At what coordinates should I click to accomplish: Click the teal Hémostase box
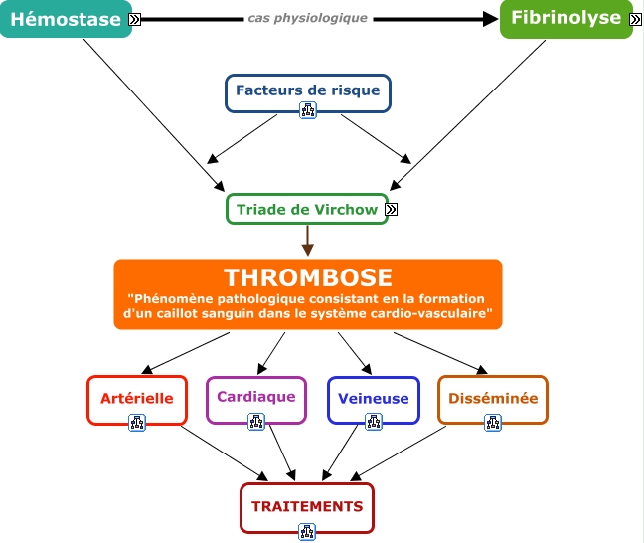click(x=66, y=19)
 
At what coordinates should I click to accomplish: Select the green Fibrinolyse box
click(x=565, y=19)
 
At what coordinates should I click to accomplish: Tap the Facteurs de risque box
click(x=307, y=90)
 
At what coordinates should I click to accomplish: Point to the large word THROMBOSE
click(x=307, y=277)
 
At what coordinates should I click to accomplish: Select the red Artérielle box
click(x=137, y=398)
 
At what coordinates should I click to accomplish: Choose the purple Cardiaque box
click(x=255, y=397)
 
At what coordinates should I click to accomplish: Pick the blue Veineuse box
click(x=373, y=398)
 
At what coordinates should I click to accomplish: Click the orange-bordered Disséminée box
click(x=493, y=398)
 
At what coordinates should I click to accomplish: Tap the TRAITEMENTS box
click(x=307, y=506)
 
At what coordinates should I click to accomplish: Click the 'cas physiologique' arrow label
click(x=308, y=18)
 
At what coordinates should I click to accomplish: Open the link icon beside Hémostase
click(x=135, y=19)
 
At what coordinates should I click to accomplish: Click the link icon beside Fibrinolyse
click(x=635, y=19)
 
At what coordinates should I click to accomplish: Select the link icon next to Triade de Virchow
click(x=392, y=209)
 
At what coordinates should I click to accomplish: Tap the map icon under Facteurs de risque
click(x=307, y=111)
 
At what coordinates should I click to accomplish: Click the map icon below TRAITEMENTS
click(x=307, y=531)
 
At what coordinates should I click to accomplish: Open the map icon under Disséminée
click(x=493, y=422)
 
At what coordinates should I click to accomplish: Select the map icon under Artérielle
click(x=137, y=422)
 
